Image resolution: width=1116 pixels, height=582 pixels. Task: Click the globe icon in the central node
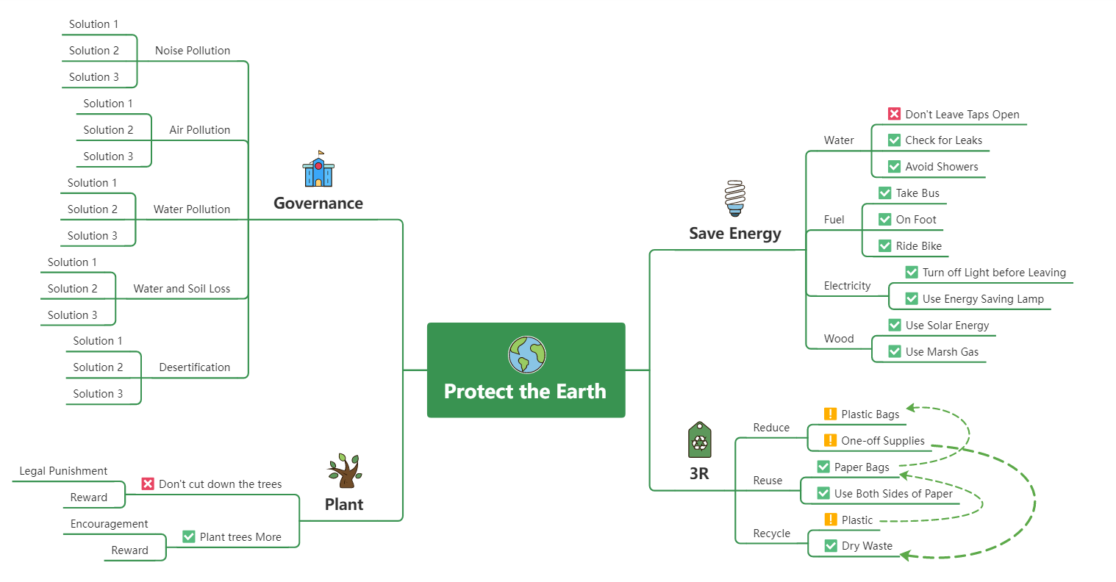point(526,355)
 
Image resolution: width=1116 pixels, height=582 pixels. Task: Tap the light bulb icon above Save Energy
point(734,198)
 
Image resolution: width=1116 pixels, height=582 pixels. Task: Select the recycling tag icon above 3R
point(699,440)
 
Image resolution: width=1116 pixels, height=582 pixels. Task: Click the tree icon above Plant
point(345,470)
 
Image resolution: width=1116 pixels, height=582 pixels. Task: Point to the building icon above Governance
point(318,170)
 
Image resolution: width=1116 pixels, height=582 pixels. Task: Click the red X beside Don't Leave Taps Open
point(894,114)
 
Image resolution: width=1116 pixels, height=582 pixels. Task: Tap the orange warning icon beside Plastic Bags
point(830,414)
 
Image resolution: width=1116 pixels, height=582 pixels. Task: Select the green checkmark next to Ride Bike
point(885,246)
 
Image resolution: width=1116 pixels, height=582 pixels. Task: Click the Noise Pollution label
point(193,51)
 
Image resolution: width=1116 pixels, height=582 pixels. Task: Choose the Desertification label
point(195,367)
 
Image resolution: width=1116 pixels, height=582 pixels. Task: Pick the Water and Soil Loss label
point(182,289)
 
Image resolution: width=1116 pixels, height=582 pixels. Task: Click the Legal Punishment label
point(63,471)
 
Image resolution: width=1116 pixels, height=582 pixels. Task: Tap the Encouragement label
point(109,524)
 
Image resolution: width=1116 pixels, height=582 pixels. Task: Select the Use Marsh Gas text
point(942,352)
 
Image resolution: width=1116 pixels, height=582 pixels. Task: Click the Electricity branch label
point(847,286)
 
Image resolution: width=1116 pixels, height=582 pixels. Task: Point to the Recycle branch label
point(771,533)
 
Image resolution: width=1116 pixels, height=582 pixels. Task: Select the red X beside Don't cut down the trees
point(148,484)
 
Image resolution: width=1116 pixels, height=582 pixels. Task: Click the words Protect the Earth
point(525,392)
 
